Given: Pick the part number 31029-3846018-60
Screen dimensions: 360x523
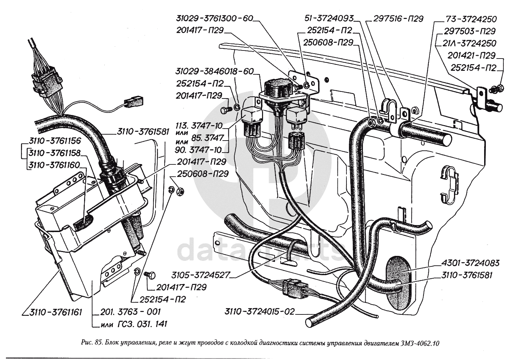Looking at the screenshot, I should click(x=214, y=72).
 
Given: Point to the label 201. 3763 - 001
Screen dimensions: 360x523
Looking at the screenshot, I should click(x=130, y=312).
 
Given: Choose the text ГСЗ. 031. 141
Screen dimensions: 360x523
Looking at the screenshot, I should click(x=140, y=324).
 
